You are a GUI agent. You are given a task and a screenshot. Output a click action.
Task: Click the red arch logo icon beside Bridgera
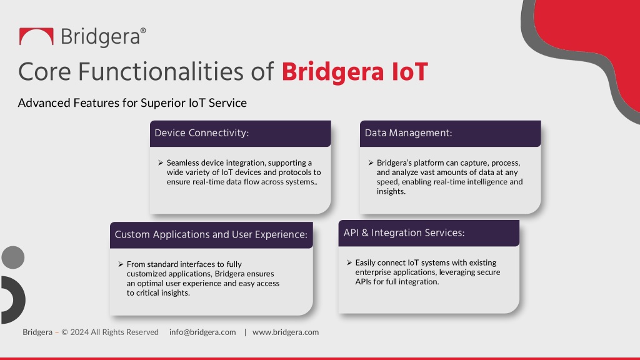point(36,32)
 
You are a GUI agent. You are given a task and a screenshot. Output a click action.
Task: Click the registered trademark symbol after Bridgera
point(143,31)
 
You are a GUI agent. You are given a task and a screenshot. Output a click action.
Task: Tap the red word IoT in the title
point(409,72)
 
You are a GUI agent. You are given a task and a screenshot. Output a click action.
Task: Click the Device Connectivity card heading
point(202,133)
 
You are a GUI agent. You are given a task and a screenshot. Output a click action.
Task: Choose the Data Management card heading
point(408,133)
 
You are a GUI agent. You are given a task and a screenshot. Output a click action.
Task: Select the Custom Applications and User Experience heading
point(211,235)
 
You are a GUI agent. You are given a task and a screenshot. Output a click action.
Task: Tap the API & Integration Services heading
point(404,233)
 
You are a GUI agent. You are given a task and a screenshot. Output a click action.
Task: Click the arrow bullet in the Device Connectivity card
point(161,163)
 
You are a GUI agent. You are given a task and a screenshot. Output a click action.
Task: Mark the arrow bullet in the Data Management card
point(371,163)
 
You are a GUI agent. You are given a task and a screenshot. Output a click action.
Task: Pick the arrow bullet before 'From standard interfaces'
point(121,264)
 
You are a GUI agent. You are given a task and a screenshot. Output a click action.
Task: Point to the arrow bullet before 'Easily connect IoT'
point(349,263)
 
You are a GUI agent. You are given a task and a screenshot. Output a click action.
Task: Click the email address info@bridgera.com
point(202,332)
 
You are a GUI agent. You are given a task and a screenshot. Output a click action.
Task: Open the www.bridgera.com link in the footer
point(286,332)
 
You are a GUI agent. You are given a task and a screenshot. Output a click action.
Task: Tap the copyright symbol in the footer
point(64,332)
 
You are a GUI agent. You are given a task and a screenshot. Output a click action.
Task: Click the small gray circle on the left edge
point(12,257)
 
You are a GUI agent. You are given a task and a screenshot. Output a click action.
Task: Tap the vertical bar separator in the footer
point(245,332)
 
